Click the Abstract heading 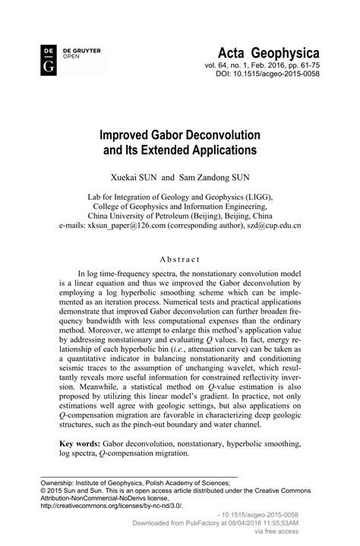(179, 258)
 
